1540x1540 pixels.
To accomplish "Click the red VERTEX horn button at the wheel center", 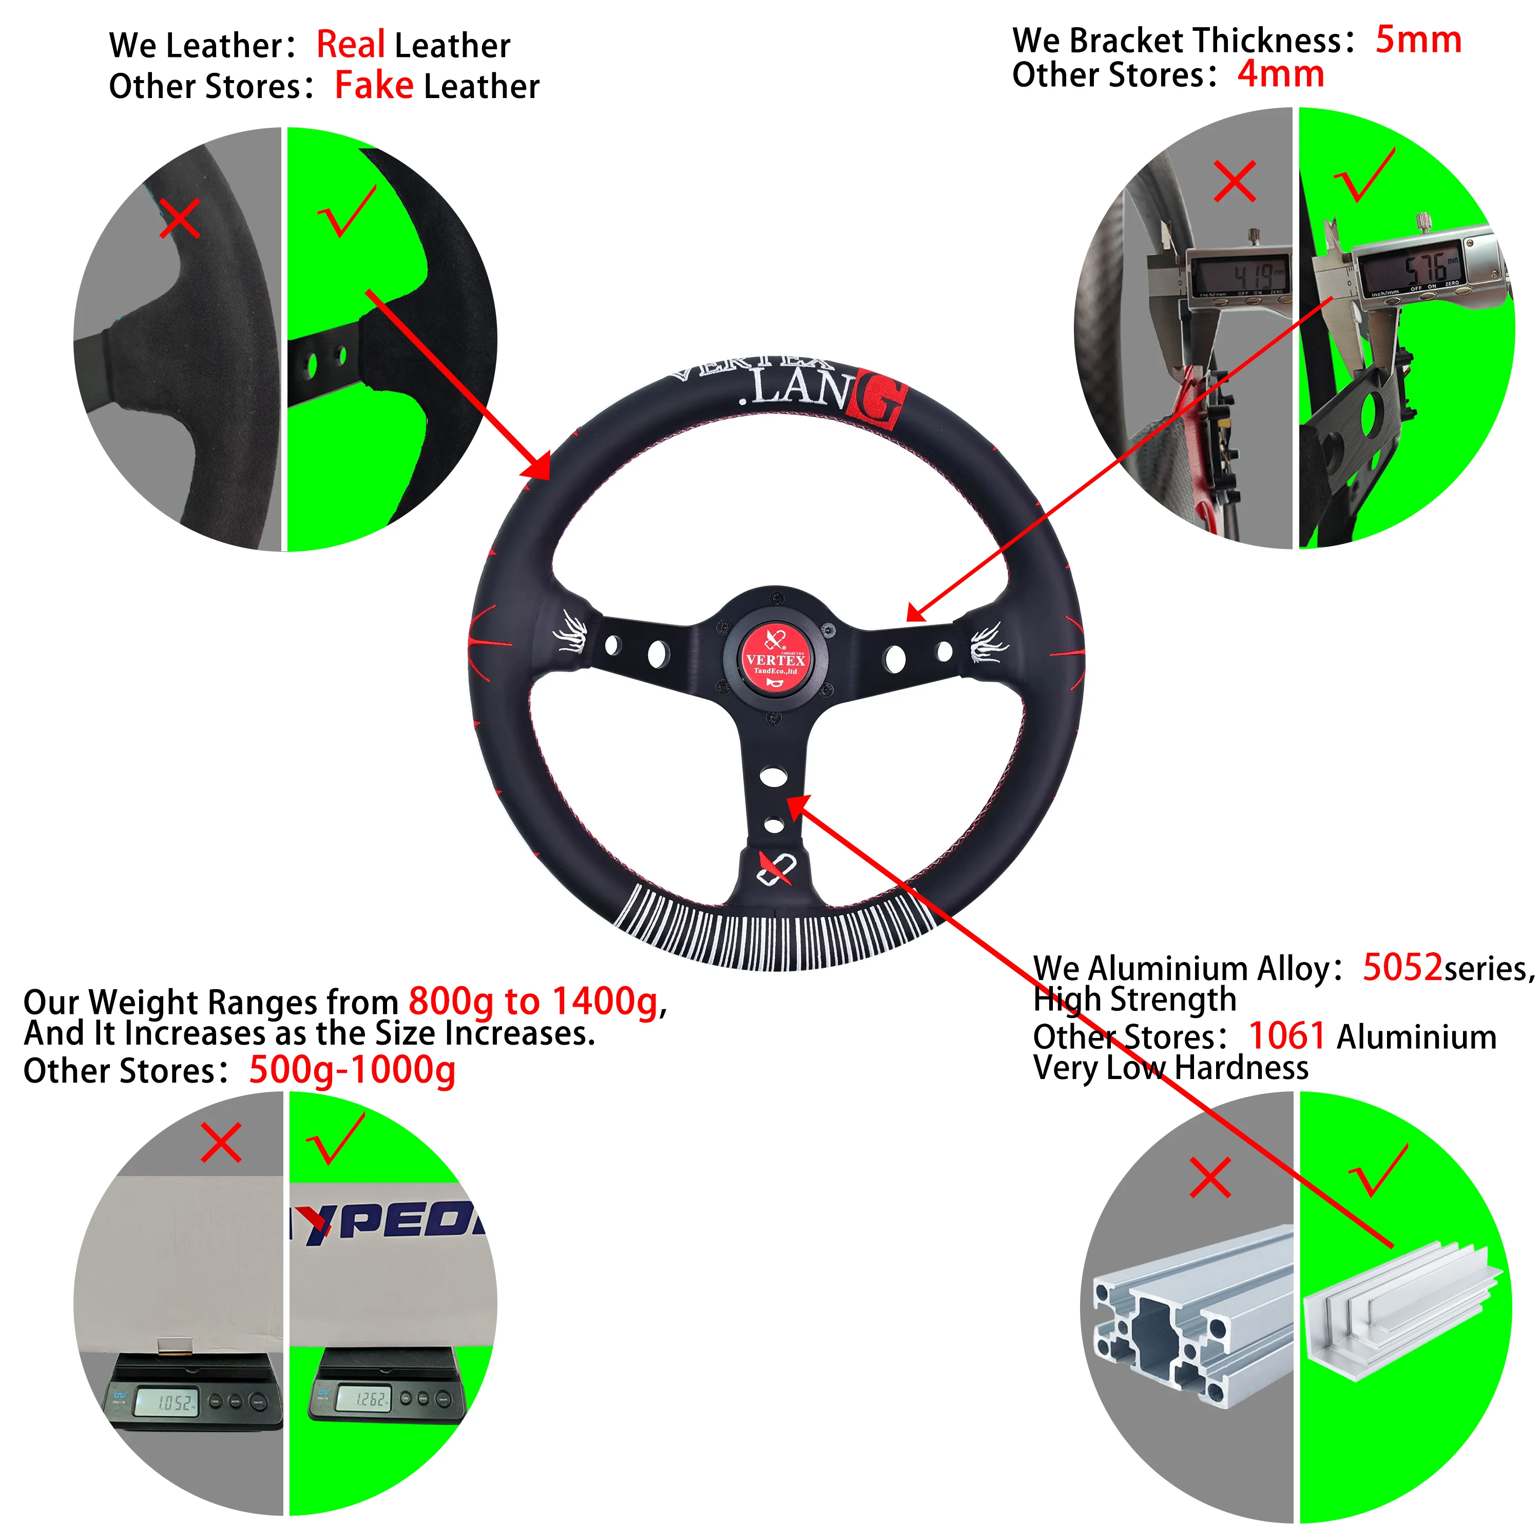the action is click(775, 661).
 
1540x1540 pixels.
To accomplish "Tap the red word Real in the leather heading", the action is click(351, 45).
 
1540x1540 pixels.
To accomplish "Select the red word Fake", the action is click(374, 85).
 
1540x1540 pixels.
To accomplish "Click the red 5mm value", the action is click(1418, 40).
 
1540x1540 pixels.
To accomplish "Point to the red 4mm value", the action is click(1280, 74).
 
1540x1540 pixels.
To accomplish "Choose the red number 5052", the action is click(1402, 968).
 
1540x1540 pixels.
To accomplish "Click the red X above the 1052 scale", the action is click(221, 1143).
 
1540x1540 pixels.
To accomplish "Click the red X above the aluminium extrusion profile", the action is click(1209, 1177).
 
